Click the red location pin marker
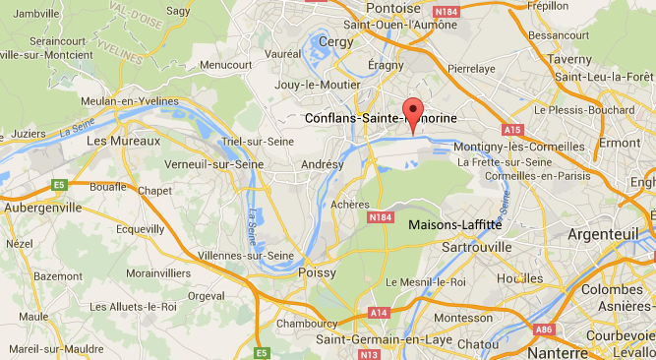[x=414, y=113]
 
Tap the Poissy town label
[x=317, y=272]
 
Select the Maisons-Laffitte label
[x=454, y=224]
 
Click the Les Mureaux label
[x=123, y=142]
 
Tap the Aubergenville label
[x=41, y=208]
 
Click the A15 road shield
[x=510, y=129]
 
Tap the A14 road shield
[x=381, y=313]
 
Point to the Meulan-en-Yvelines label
[x=133, y=100]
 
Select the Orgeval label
[x=207, y=294]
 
